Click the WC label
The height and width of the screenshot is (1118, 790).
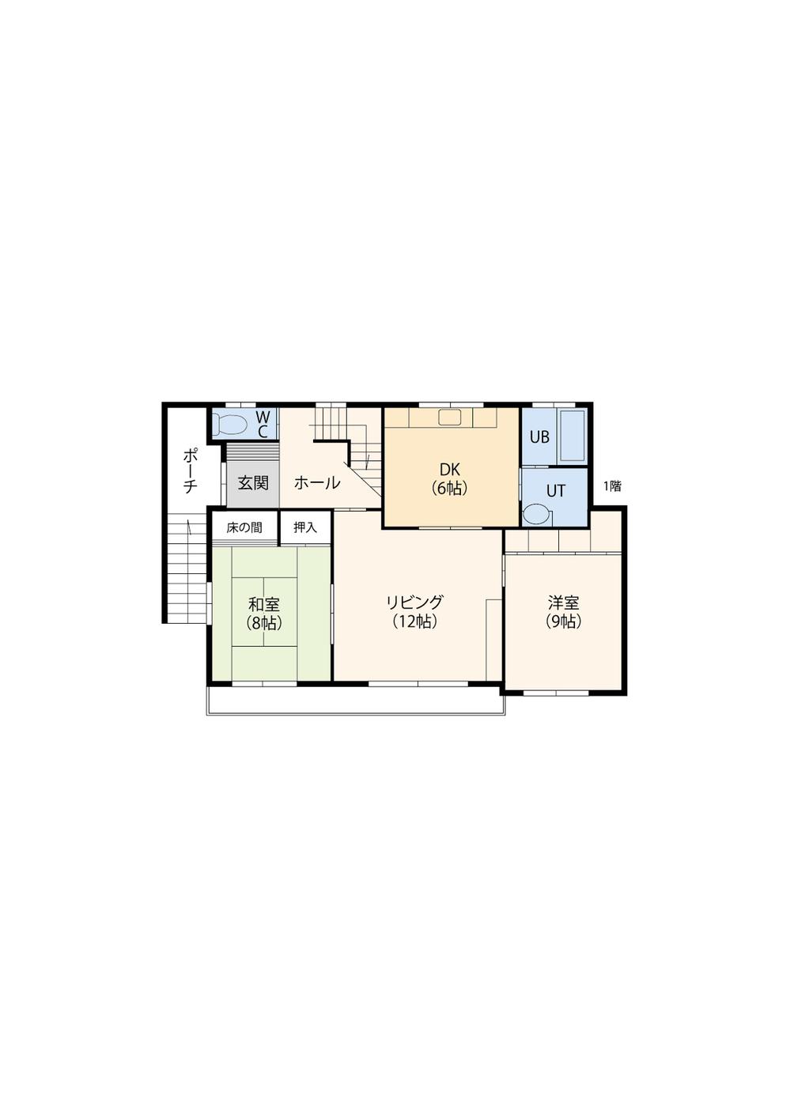click(x=264, y=424)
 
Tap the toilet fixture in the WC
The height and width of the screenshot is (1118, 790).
click(x=231, y=425)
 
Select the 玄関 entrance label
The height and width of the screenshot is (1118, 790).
click(x=253, y=482)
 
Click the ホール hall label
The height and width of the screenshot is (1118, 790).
click(x=317, y=482)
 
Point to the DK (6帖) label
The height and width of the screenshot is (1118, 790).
click(x=449, y=478)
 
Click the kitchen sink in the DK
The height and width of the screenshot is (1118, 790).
click(x=449, y=417)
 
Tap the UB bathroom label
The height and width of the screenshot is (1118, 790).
click(x=539, y=436)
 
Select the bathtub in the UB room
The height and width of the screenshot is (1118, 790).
click(x=571, y=435)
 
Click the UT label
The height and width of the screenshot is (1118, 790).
click(x=556, y=490)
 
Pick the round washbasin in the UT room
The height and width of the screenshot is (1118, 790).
click(x=536, y=514)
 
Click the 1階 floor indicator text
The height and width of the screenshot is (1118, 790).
click(x=612, y=486)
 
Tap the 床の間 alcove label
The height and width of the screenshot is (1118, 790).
click(x=244, y=527)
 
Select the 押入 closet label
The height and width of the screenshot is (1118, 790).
click(x=305, y=527)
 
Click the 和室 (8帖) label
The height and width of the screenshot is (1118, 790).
click(x=263, y=613)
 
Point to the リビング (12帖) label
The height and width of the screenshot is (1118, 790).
click(x=414, y=611)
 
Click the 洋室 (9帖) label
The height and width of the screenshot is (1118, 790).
click(x=563, y=611)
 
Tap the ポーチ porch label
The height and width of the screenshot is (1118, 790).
click(x=190, y=471)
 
